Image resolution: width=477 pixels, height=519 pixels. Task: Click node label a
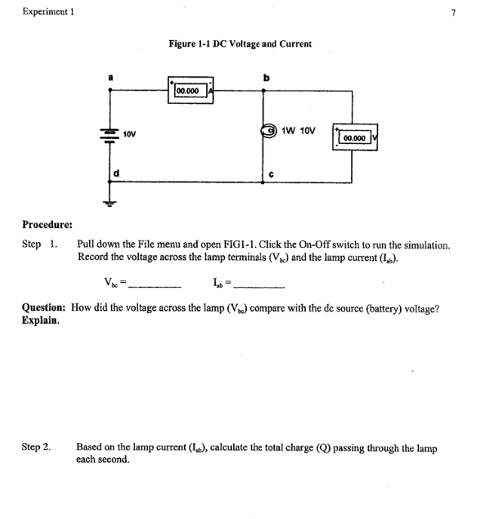point(112,76)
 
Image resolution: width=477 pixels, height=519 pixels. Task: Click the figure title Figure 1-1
point(240,45)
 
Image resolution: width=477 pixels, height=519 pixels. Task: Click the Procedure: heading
point(47,224)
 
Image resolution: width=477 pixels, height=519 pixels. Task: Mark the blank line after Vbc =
point(156,286)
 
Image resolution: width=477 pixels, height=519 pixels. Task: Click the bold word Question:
point(46,309)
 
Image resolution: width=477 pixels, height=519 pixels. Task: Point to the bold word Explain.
point(42,320)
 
